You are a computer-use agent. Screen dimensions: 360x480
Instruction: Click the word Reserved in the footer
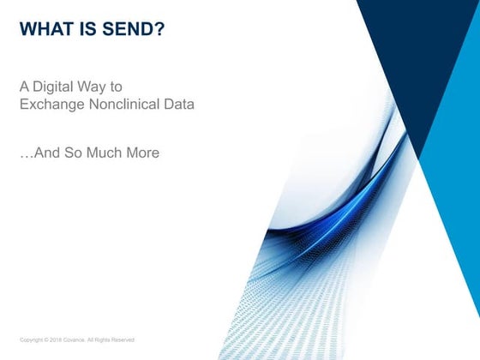click(x=123, y=340)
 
